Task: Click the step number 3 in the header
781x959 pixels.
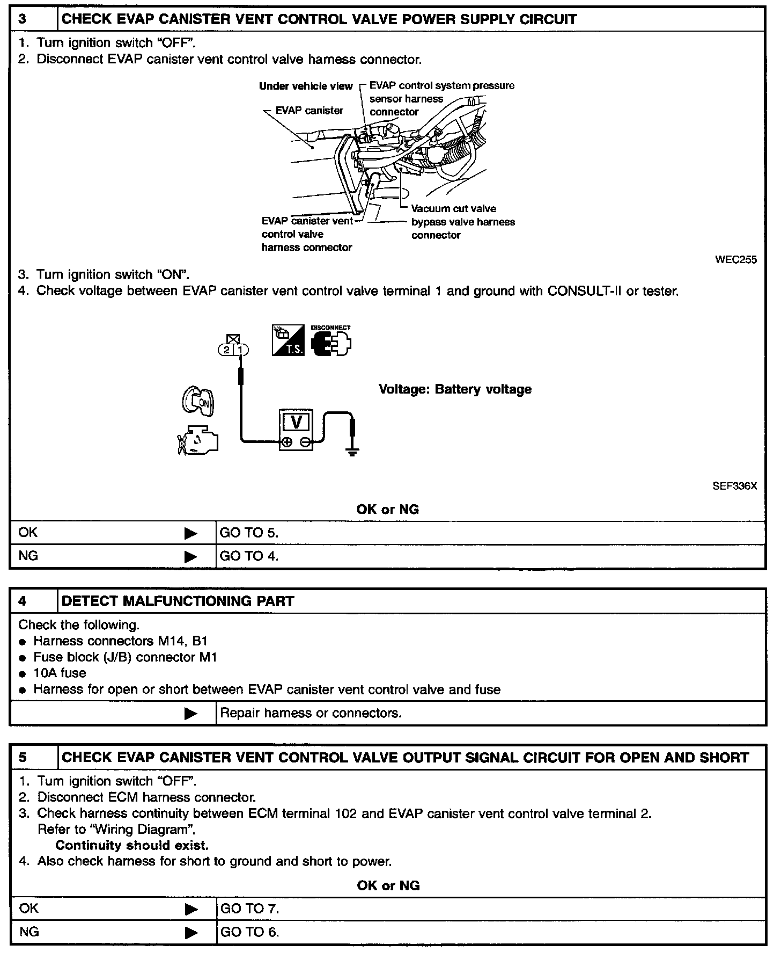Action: coord(23,20)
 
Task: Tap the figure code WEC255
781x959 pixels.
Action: coord(735,260)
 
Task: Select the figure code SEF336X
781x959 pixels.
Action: coord(734,486)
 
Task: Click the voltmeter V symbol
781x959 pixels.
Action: coord(296,423)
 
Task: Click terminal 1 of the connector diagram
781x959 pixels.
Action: coord(241,350)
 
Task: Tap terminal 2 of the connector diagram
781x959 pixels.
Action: coord(227,350)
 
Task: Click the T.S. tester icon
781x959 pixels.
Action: coord(288,340)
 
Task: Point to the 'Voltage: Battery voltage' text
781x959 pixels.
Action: coord(455,389)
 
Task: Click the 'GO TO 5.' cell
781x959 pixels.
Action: coord(249,533)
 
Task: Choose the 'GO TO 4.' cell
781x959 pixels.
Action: coord(249,556)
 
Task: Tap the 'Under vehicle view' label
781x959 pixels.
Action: coord(306,86)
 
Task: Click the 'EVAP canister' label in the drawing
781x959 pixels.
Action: coord(309,111)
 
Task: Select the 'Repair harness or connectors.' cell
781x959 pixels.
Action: coord(311,713)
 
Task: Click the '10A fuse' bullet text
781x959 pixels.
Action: coord(60,673)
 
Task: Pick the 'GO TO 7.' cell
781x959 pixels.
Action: coord(249,909)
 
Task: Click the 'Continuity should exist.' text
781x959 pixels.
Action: coord(132,845)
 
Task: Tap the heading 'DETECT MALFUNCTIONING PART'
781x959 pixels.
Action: coord(178,601)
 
